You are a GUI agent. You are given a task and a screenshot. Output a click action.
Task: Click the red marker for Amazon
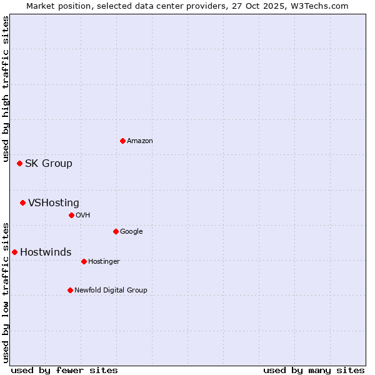pos(122,141)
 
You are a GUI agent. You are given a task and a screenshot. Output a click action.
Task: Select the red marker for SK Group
pos(19,163)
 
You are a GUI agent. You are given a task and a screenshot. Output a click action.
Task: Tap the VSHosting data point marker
pos(22,202)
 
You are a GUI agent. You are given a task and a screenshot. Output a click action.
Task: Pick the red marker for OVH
pos(71,215)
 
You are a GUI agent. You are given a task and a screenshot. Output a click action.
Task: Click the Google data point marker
pos(116,231)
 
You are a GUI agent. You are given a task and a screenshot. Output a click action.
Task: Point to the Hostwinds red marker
pos(14,252)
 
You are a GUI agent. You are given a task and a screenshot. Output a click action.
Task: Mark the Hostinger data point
pos(84,261)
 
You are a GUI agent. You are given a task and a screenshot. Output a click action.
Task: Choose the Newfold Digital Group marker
pos(70,290)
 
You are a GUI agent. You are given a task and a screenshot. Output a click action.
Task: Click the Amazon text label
pos(140,141)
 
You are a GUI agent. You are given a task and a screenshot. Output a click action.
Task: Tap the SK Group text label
pos(49,164)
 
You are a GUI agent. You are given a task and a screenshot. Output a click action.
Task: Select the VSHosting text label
pos(54,203)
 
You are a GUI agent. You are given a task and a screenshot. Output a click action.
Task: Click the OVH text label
pos(83,216)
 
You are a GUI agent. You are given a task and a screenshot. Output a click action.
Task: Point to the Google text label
pos(131,232)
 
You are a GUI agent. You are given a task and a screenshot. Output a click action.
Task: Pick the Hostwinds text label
pos(46,252)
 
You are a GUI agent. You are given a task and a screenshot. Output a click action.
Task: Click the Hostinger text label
pos(104,262)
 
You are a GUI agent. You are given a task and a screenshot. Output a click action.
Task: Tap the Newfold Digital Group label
pos(111,291)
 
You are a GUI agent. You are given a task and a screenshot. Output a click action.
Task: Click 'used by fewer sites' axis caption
pos(64,371)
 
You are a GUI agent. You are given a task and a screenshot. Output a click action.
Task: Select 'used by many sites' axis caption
pos(314,371)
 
